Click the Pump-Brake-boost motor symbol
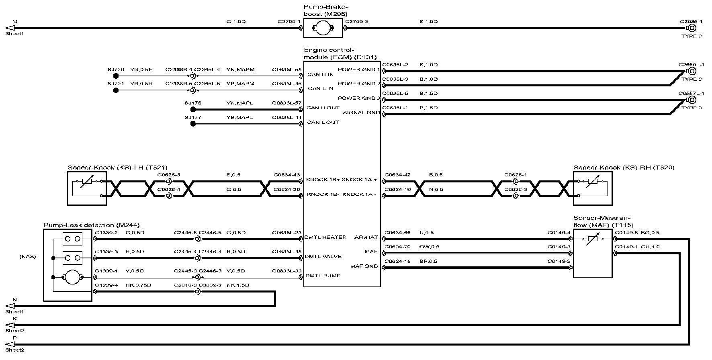(323, 28)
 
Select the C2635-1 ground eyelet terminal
(692, 28)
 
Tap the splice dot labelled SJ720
(116, 76)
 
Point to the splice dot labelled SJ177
(193, 124)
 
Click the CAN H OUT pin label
(323, 108)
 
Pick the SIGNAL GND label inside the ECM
(361, 112)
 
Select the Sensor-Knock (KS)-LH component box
(87, 188)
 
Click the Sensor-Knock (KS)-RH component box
(593, 188)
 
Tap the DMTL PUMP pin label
(323, 276)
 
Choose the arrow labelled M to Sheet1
(10, 28)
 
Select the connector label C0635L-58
(286, 70)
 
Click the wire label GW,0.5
(430, 247)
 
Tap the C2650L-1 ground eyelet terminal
(692, 71)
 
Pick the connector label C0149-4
(559, 233)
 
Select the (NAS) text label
(28, 256)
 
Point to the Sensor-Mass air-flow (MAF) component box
(593, 253)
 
